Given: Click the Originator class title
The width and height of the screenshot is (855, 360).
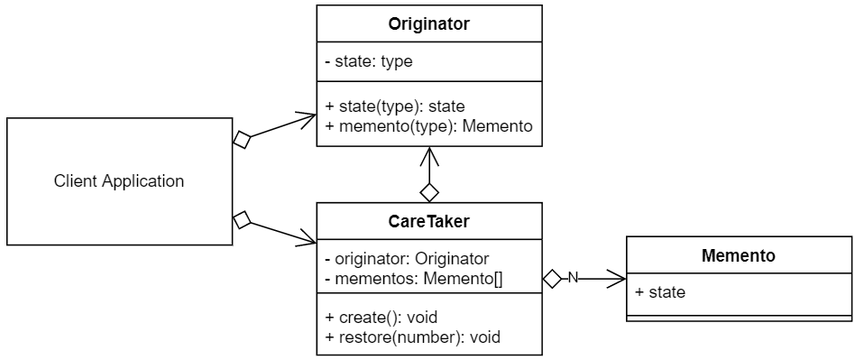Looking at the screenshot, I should [x=428, y=24].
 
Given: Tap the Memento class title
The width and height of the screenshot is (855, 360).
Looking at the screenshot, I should [x=738, y=256].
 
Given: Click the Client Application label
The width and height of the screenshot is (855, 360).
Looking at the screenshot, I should [x=119, y=181].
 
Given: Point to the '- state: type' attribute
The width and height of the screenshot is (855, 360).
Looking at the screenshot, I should [x=369, y=62].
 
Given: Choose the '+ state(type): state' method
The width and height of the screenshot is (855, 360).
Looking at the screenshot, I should [x=394, y=106].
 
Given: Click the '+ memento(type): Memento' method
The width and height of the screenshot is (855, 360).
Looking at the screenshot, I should [x=428, y=126].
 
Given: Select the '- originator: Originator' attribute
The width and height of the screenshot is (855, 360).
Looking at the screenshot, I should [x=406, y=259].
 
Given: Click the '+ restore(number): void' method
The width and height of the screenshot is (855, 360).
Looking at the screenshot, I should [x=412, y=337].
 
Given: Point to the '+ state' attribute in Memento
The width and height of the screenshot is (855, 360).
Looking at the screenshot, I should [x=660, y=292].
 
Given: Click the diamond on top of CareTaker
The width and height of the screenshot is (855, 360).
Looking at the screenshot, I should [x=429, y=191].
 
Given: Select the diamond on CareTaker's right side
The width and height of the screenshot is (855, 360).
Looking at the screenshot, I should [x=553, y=279].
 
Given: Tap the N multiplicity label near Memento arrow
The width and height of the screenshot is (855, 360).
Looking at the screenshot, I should [x=572, y=278].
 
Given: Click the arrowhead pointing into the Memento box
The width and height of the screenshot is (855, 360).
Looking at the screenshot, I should [x=619, y=279].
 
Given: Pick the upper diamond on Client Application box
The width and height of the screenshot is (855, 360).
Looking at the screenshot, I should [x=241, y=139].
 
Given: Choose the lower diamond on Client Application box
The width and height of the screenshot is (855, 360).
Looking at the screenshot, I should [x=241, y=219].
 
